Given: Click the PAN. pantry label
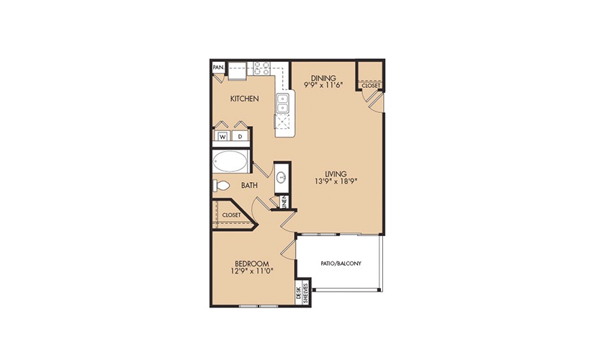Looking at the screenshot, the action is [218, 68].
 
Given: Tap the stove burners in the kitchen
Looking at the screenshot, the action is [261, 68].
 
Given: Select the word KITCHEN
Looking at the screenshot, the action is [245, 99].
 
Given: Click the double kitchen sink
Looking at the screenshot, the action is [282, 104].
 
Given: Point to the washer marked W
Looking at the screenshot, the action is [222, 136].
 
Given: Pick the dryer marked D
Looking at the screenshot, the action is [240, 136].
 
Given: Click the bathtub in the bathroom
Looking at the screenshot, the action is [230, 162].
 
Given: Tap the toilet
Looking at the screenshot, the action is [221, 185].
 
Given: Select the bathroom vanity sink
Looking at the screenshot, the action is [281, 177].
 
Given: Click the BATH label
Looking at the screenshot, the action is [249, 185].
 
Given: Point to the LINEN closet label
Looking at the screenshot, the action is [284, 202].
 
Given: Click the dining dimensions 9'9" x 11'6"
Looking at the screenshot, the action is [323, 85].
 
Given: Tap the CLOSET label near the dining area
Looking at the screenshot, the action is [371, 86].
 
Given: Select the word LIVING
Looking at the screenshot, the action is [336, 174].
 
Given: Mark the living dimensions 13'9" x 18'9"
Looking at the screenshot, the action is [336, 181].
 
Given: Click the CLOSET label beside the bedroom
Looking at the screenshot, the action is [231, 215].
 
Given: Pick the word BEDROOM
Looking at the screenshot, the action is [252, 264].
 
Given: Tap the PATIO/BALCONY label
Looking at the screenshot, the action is [341, 264].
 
